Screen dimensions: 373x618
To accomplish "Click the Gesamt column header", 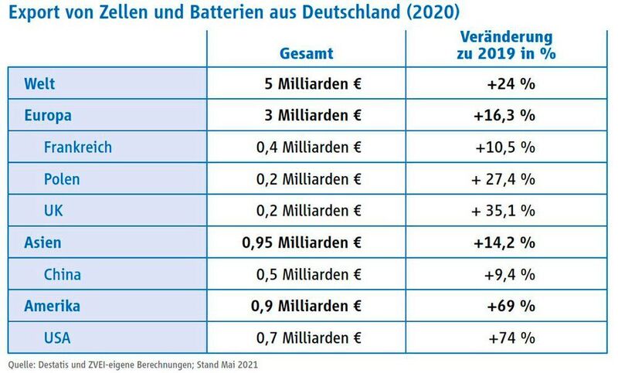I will tap(307, 53).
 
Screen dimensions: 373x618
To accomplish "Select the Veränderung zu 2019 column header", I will tap(508, 46).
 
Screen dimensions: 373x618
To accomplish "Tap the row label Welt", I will tap(39, 83).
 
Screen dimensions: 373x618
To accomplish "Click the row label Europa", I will tap(48, 115).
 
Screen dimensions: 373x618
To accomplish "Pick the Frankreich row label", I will tap(78, 147).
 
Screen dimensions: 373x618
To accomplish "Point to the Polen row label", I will tap(62, 179).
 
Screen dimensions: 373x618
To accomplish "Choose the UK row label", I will tap(55, 211).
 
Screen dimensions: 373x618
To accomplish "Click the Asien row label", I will tap(43, 242).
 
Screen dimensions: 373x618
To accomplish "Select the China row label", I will tap(63, 274).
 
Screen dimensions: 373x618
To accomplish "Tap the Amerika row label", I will tap(52, 306).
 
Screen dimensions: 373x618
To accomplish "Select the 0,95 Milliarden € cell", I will tap(301, 242).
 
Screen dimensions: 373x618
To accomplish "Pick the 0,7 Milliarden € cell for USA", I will tap(308, 337).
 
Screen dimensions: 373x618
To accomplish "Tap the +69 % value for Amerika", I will tap(511, 306).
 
